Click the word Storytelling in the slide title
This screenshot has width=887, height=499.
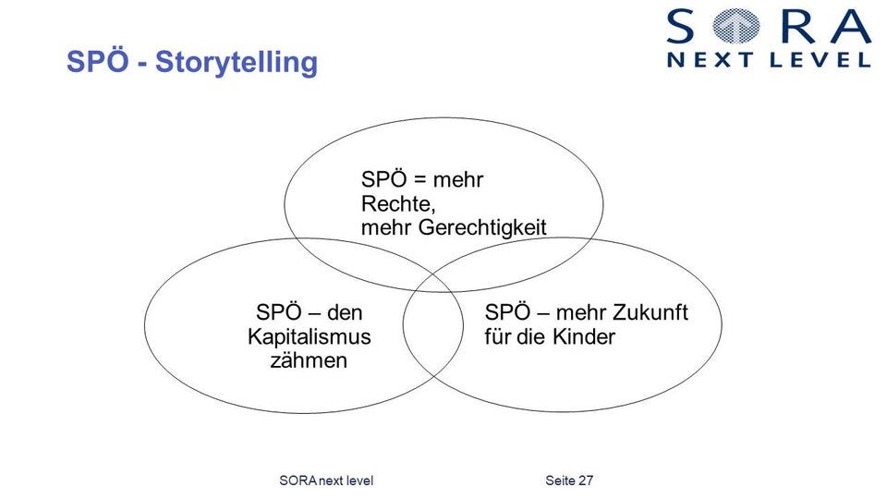[236, 63]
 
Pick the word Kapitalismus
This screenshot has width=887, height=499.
[309, 336]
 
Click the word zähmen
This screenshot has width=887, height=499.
[309, 360]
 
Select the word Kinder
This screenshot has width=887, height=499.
[584, 336]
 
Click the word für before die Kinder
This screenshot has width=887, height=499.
[497, 336]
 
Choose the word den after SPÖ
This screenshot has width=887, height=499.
[345, 312]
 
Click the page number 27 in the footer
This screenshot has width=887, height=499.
[585, 481]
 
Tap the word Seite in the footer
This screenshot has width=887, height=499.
[559, 481]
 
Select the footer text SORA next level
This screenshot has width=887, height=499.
[325, 481]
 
